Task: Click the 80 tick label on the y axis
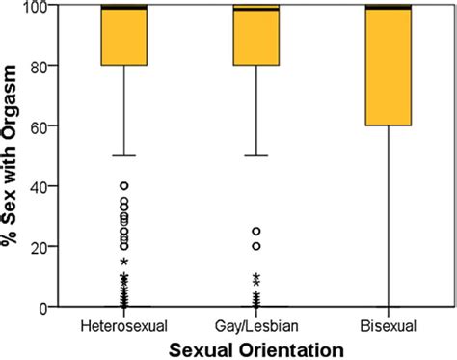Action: coord(39,66)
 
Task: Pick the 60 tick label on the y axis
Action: coord(39,125)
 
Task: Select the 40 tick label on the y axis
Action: coord(39,185)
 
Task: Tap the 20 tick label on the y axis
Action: coord(39,246)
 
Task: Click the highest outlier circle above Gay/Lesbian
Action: coord(256,232)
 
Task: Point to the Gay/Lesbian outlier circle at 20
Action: coord(256,246)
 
